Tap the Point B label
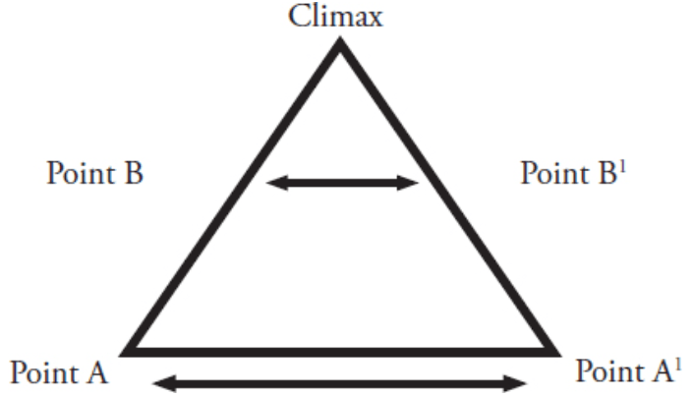pyautogui.click(x=94, y=175)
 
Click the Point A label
pyautogui.click(x=59, y=373)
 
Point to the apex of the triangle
pyautogui.click(x=340, y=43)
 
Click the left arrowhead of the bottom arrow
pyautogui.click(x=156, y=381)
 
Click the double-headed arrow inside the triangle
pyautogui.click(x=343, y=182)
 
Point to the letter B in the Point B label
pyautogui.click(x=134, y=175)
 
